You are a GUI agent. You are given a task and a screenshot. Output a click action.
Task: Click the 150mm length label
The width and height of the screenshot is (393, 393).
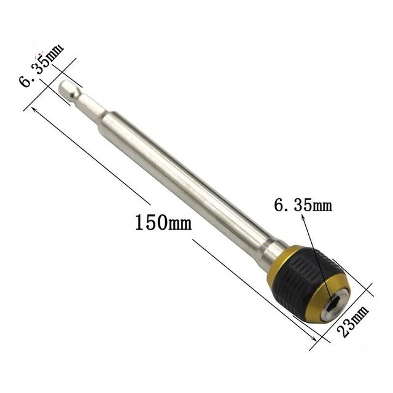click(163, 222)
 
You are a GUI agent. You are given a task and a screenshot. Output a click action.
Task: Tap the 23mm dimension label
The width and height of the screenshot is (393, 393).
click(353, 321)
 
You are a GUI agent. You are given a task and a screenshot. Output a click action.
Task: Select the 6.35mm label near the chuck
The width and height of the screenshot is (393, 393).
click(303, 204)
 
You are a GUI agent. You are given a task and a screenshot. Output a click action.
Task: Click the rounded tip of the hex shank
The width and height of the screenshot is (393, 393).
click(64, 86)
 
